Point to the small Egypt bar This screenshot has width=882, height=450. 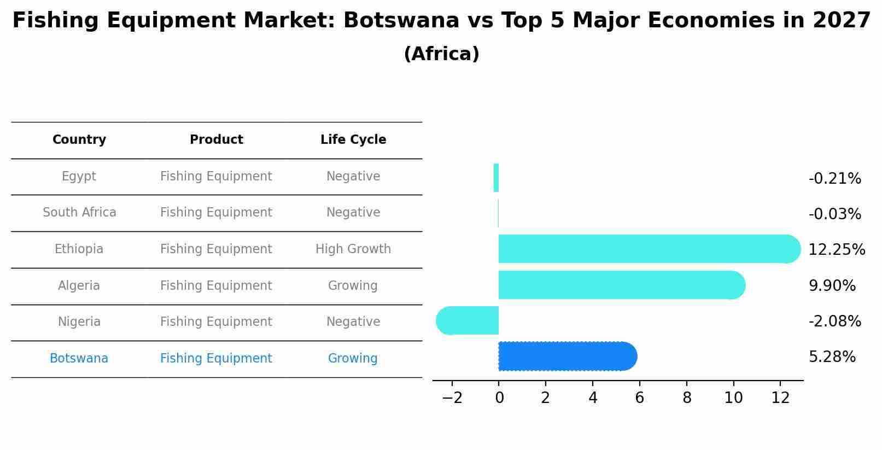[x=496, y=178]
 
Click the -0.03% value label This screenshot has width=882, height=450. [x=834, y=214]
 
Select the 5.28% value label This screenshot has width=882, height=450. [x=832, y=357]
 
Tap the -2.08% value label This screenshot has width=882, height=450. [x=834, y=322]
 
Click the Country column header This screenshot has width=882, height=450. [x=79, y=140]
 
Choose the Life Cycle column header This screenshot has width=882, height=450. [x=353, y=140]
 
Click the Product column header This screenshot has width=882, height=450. [x=216, y=140]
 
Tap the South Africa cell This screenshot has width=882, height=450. [x=79, y=213]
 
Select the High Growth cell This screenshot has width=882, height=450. [x=353, y=249]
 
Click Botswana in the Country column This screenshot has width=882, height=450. [x=79, y=359]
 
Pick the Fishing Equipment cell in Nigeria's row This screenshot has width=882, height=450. [x=216, y=322]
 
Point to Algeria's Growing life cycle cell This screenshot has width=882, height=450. [x=353, y=286]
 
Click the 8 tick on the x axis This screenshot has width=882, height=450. [x=687, y=398]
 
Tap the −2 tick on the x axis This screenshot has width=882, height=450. [x=452, y=398]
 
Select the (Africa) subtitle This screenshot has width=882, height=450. [x=441, y=54]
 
